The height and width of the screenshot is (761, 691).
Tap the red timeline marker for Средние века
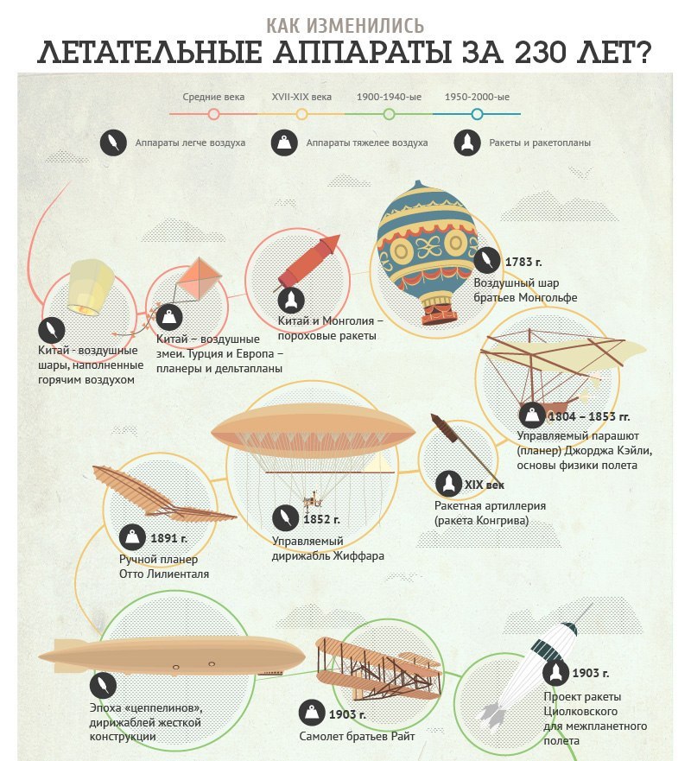213,114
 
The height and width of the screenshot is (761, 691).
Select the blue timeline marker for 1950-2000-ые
477,114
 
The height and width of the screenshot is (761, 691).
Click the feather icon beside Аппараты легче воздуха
113,143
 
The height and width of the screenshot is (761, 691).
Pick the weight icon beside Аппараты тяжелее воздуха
284,143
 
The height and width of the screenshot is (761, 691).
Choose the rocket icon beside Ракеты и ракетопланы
467,143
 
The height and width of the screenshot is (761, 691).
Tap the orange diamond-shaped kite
199,279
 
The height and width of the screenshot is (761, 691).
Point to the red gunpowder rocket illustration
308,261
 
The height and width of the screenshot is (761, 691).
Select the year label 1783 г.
523,262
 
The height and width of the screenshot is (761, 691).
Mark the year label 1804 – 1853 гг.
589,416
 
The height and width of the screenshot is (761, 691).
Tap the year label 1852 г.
321,519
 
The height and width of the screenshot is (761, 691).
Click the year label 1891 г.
169,538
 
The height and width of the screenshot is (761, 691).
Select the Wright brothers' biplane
379,668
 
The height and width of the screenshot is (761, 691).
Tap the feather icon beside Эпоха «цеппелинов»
103,685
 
